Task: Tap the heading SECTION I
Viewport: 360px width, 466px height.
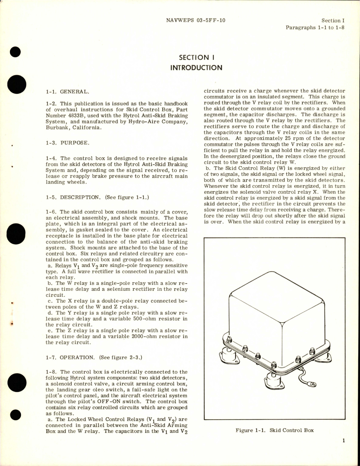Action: click(x=196, y=57)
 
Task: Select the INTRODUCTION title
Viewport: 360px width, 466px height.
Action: click(x=196, y=68)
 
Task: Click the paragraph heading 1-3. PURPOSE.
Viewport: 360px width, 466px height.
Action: click(x=68, y=143)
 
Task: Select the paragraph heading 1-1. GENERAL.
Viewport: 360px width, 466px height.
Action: click(x=68, y=92)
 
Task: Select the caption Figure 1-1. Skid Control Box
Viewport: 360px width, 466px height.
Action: click(x=275, y=430)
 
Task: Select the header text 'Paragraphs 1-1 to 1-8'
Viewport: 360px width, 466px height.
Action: click(x=315, y=28)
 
